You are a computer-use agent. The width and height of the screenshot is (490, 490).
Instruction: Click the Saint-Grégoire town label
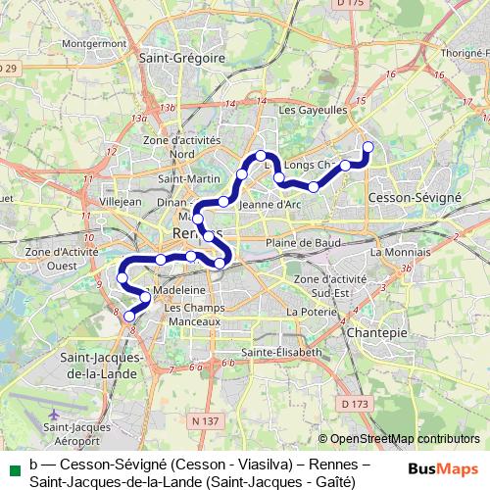point(182,58)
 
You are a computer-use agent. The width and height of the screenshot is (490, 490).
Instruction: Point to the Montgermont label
point(94,44)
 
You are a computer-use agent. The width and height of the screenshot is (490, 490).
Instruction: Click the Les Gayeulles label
point(307,111)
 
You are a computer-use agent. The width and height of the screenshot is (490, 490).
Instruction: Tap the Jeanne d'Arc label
point(269,205)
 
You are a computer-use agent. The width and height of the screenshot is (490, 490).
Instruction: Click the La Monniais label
point(395,252)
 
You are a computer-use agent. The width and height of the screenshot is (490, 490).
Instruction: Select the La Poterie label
point(304,311)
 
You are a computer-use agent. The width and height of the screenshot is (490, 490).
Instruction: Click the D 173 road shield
point(354,403)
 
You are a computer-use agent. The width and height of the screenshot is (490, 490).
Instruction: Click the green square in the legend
point(13,465)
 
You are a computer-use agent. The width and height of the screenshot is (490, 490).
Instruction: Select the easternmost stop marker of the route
point(368,147)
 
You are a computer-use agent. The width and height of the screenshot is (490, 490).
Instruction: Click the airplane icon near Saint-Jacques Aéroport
point(53,416)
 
